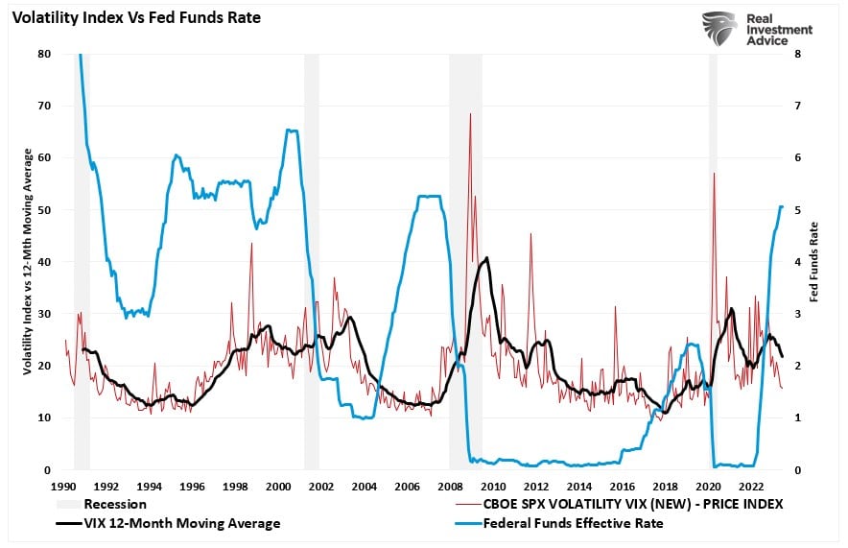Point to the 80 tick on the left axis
(x=44, y=54)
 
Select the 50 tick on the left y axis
(x=44, y=210)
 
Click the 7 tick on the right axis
(x=800, y=106)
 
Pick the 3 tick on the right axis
(x=800, y=314)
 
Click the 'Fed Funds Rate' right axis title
(x=815, y=261)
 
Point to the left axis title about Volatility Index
(x=29, y=261)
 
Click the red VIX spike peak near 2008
(x=470, y=114)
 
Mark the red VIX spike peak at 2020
(x=714, y=174)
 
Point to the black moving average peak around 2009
(x=487, y=258)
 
